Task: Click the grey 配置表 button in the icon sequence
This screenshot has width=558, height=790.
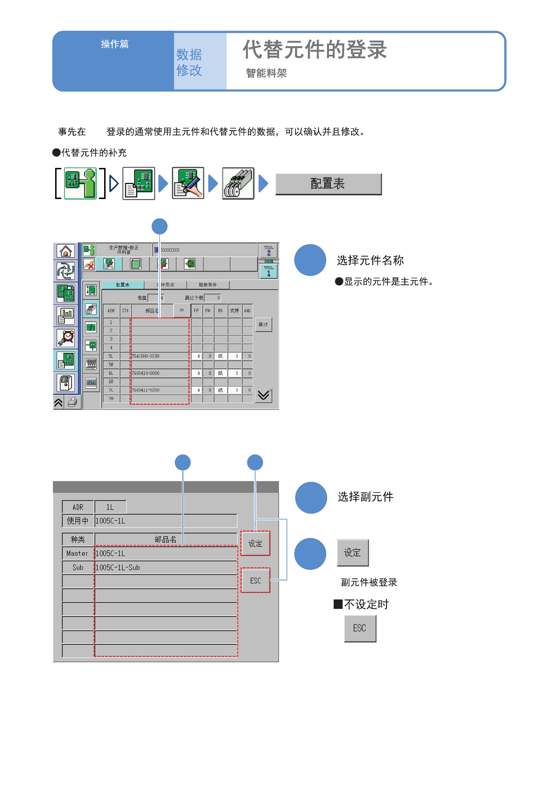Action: [328, 184]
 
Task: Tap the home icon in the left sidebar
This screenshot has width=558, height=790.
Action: [66, 251]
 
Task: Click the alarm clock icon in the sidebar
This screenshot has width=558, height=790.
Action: [66, 338]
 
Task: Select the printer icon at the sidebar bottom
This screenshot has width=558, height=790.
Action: [73, 402]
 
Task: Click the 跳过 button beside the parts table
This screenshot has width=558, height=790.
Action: [263, 324]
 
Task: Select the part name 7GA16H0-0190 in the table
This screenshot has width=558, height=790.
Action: [146, 356]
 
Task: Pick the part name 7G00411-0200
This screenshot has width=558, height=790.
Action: [146, 390]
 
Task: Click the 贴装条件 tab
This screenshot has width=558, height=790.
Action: [208, 285]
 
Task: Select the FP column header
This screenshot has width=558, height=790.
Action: [197, 311]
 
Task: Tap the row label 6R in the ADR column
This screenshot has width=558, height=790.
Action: [111, 382]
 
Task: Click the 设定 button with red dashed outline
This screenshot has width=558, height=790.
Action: [255, 543]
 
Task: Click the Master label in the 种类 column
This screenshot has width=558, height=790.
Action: [78, 553]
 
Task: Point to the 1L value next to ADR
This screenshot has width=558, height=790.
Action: [110, 507]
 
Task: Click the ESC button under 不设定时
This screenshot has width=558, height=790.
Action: [360, 629]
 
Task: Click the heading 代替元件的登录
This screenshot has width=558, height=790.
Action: [315, 50]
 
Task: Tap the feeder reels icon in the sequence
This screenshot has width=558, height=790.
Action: [238, 183]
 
